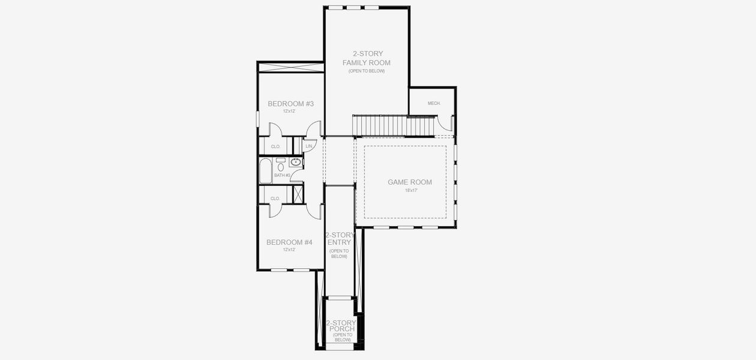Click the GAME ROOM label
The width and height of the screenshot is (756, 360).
click(x=409, y=182)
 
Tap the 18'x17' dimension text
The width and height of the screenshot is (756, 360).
click(x=410, y=190)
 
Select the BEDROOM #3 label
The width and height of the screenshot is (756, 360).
click(x=290, y=104)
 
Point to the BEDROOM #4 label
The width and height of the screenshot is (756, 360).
click(x=290, y=242)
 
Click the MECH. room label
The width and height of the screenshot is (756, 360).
click(x=434, y=104)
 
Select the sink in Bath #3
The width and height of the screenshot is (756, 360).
click(x=295, y=162)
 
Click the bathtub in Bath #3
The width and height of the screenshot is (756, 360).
click(x=265, y=170)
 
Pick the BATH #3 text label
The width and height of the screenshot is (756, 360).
click(x=282, y=175)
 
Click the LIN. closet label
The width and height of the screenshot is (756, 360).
click(x=309, y=146)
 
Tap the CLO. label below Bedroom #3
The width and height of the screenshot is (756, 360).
click(x=275, y=146)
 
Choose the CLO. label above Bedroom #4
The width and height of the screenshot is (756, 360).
click(x=275, y=198)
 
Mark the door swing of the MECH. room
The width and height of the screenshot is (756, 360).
click(x=445, y=122)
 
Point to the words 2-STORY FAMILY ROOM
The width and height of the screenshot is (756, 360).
click(x=366, y=58)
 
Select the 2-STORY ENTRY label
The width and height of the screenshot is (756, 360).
click(x=339, y=239)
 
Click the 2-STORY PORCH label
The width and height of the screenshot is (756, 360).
click(x=341, y=326)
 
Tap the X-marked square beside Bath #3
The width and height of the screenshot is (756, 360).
click(x=297, y=194)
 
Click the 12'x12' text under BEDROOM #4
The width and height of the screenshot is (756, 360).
click(x=290, y=250)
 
